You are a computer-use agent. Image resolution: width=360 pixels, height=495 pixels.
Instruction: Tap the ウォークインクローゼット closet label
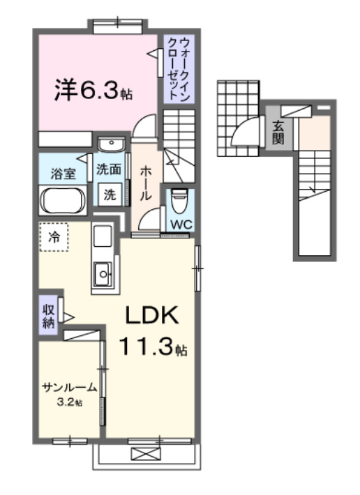(x=177, y=69)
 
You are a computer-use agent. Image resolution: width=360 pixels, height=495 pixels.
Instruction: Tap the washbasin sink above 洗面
(x=110, y=145)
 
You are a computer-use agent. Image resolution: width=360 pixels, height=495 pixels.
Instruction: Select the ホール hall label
(x=146, y=183)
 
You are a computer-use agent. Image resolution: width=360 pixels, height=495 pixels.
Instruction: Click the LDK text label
(x=152, y=316)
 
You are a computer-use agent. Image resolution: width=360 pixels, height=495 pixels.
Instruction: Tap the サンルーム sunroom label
(x=69, y=388)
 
